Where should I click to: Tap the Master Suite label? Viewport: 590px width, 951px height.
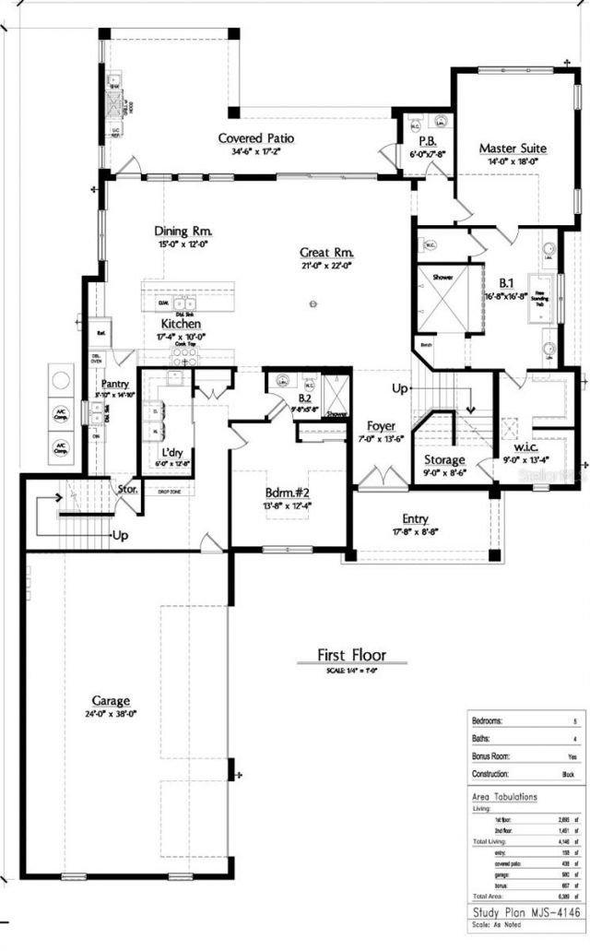[513, 148]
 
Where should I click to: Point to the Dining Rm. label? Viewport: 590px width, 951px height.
[183, 231]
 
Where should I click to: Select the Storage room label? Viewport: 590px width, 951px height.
[444, 459]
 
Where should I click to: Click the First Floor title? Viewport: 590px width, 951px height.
[352, 655]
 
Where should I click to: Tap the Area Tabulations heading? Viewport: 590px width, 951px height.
[504, 795]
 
